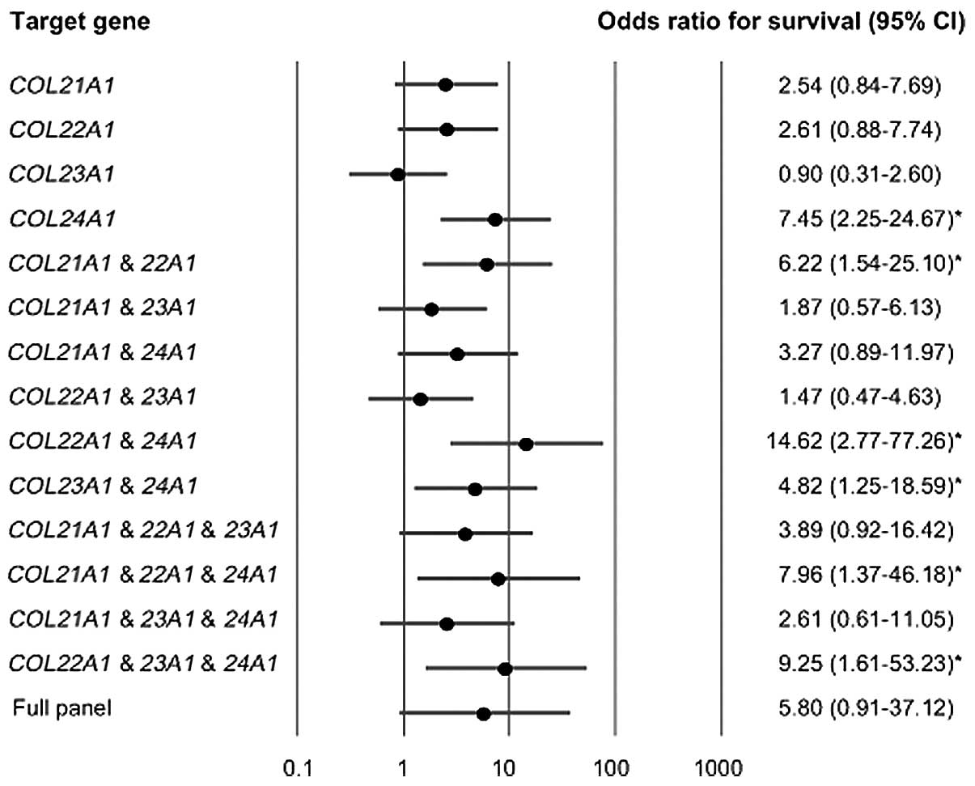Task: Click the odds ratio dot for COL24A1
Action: pyautogui.click(x=495, y=219)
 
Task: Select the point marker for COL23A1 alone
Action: pyautogui.click(x=397, y=174)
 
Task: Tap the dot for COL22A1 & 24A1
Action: pyautogui.click(x=526, y=444)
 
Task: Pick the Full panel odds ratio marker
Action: pyautogui.click(x=484, y=713)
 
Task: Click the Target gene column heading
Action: pyautogui.click(x=80, y=22)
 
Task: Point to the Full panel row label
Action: pyautogui.click(x=62, y=709)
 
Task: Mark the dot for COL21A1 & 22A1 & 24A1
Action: pyautogui.click(x=498, y=579)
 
